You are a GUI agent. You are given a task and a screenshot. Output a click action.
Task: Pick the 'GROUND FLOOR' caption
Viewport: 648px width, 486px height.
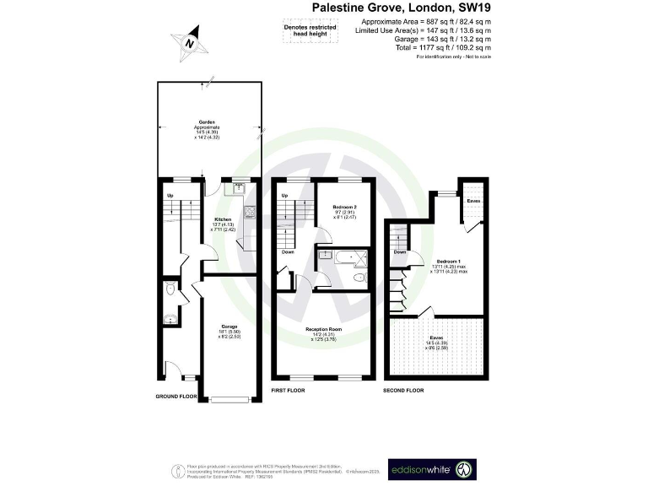click(x=176, y=396)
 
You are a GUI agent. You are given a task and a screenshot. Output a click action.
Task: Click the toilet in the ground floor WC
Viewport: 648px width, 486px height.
click(x=172, y=290)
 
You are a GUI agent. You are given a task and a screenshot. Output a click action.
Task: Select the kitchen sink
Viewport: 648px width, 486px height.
click(x=240, y=188)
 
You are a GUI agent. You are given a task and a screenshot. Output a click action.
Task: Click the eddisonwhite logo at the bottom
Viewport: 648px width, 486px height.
click(x=444, y=468)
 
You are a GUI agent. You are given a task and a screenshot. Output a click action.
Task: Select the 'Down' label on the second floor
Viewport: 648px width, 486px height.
click(x=400, y=251)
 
